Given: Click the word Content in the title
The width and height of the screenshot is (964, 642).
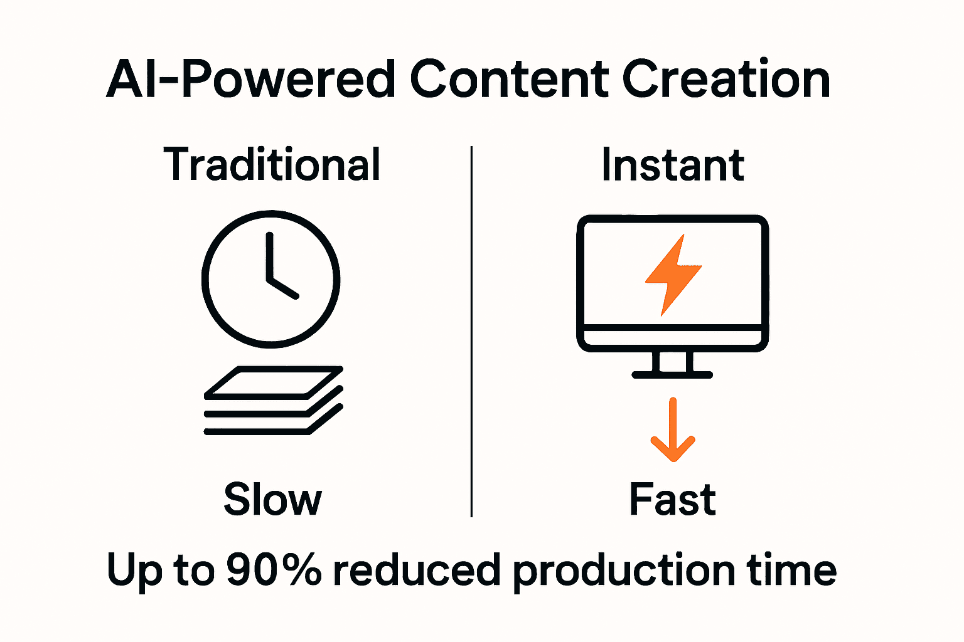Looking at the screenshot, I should pos(508,80).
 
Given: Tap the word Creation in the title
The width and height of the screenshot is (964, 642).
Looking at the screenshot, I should pos(726,80).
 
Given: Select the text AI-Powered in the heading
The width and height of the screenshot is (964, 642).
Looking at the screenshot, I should pos(250,80).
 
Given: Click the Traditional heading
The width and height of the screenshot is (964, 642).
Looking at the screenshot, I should pos(272,164).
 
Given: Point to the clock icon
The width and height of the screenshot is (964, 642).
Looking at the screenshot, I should pos(270,278).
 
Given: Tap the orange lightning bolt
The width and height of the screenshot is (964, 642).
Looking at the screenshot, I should pos(673,275).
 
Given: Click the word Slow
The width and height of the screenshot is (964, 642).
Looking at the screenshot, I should pos(272,500).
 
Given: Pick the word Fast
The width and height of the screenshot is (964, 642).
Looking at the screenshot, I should pos(672,500).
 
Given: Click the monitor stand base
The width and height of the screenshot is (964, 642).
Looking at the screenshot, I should pos(672,374).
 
